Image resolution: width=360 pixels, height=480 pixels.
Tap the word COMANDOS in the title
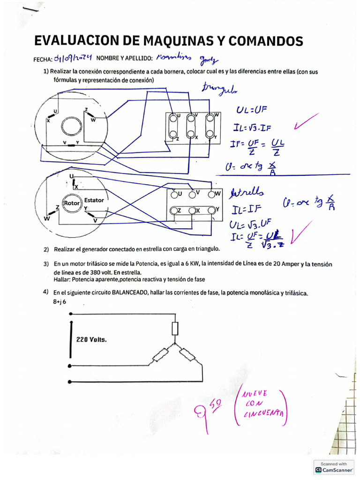[263, 41]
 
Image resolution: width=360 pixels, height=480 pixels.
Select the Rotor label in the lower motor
[72, 203]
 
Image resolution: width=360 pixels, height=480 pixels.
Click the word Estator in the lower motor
[94, 200]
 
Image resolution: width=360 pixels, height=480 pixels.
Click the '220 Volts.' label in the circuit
[91, 340]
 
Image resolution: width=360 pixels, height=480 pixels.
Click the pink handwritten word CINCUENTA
[264, 412]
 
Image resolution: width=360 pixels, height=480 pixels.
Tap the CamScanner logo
[319, 469]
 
